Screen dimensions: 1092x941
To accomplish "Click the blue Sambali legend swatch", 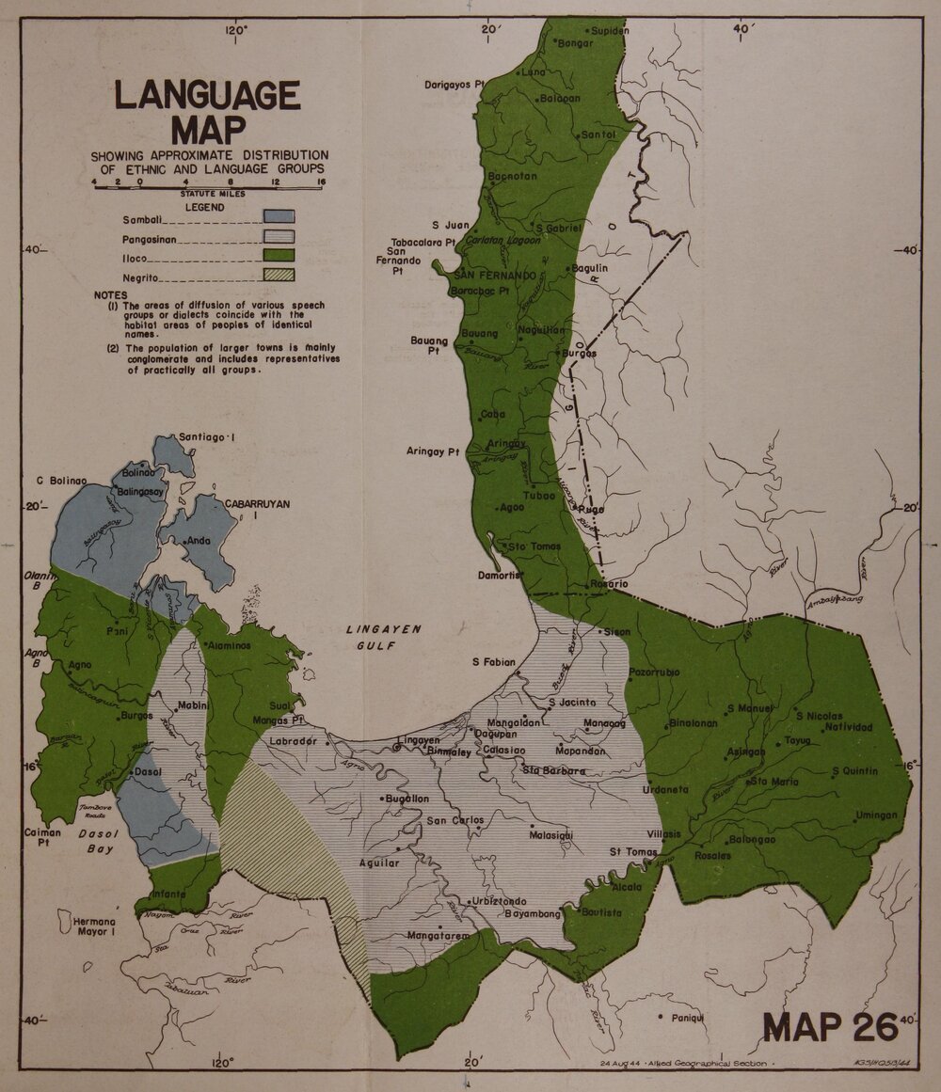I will pyautogui.click(x=279, y=216).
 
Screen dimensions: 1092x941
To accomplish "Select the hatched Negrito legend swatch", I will pyautogui.click(x=279, y=276).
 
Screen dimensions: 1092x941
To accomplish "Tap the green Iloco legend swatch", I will pyautogui.click(x=279, y=255).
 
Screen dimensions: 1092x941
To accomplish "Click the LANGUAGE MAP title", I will pyautogui.click(x=207, y=112).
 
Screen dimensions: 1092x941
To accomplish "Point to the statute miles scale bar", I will pyautogui.click(x=207, y=188).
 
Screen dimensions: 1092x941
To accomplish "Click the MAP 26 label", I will pyautogui.click(x=831, y=1026).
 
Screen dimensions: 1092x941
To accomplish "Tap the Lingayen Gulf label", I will pyautogui.click(x=383, y=638).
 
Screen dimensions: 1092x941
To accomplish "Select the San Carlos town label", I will pyautogui.click(x=455, y=820).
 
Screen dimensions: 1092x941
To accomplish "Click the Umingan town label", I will pyautogui.click(x=877, y=815).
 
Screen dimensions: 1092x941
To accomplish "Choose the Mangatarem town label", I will pyautogui.click(x=438, y=936).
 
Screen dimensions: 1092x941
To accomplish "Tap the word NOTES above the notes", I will pyautogui.click(x=110, y=294).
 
